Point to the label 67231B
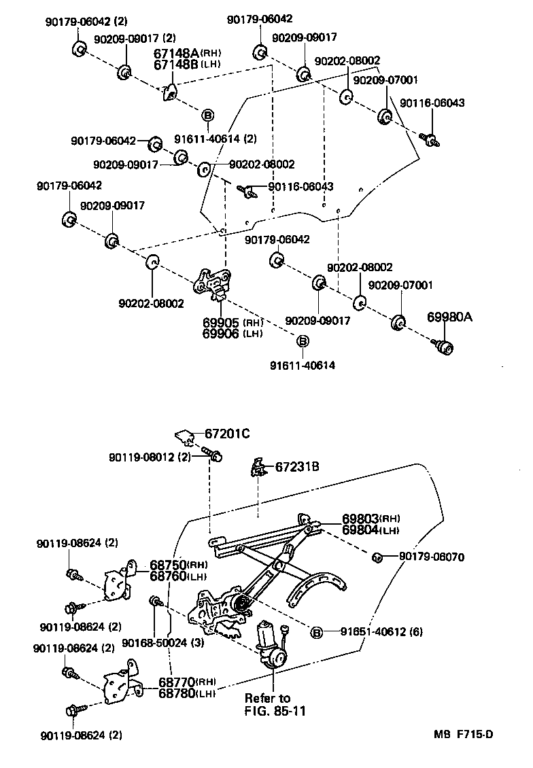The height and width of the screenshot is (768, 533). click(x=297, y=466)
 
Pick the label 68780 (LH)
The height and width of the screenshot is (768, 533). click(x=178, y=693)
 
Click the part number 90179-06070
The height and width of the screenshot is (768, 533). click(x=431, y=557)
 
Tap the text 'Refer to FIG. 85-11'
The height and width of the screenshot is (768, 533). click(x=267, y=705)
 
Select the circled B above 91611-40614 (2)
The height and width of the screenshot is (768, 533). click(x=208, y=115)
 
